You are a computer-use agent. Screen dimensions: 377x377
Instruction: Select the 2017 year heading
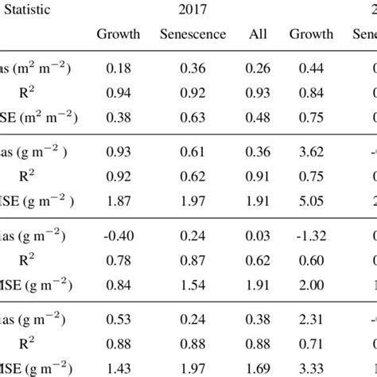194,9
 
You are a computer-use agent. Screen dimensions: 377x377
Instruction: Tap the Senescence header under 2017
193,34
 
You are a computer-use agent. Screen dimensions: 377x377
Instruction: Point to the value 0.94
119,92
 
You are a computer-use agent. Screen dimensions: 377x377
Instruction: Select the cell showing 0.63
193,115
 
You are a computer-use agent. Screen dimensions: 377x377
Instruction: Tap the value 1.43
119,365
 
